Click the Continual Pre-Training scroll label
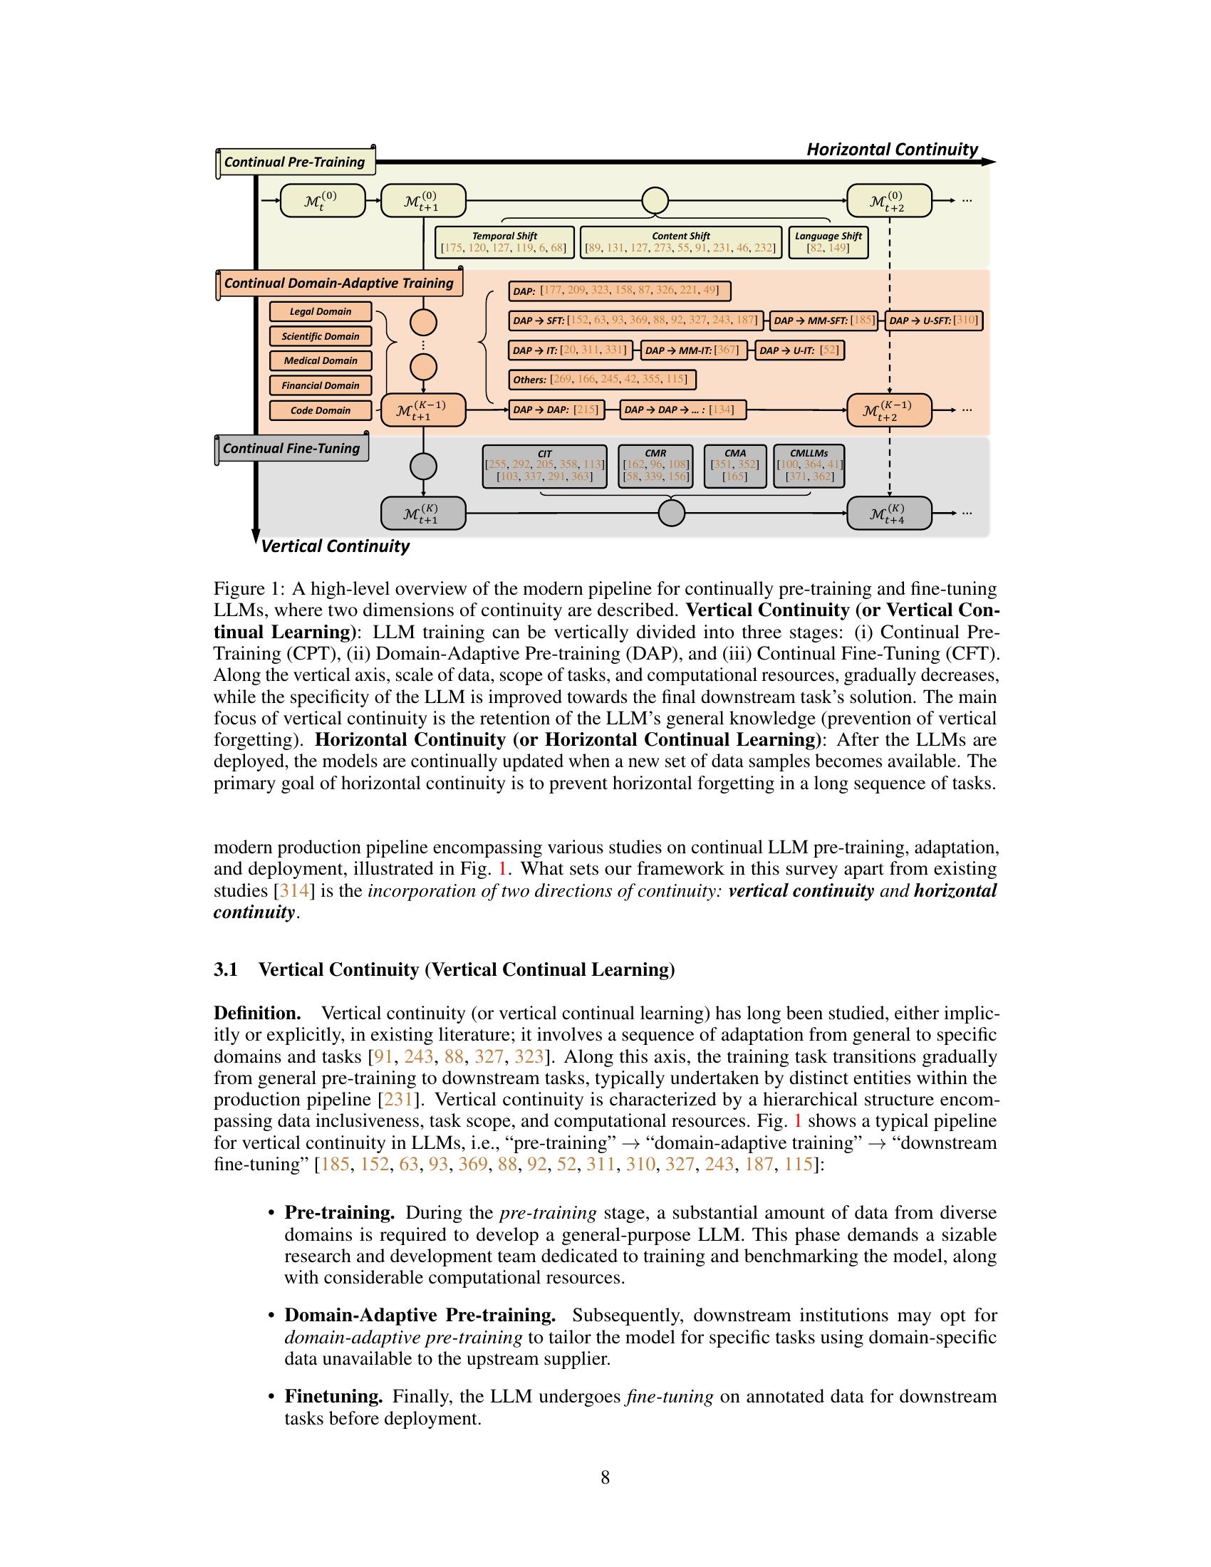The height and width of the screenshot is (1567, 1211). point(294,162)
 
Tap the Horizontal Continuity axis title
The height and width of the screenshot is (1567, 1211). point(892,150)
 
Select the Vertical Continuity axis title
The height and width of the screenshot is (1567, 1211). point(334,546)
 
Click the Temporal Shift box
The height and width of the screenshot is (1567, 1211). point(504,242)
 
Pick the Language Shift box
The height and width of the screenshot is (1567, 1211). point(828,242)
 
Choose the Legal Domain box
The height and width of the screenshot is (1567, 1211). point(321,311)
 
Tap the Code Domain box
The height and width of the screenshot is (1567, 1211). point(321,410)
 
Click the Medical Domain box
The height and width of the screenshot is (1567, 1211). point(321,361)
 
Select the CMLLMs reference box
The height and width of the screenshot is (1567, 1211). point(809,465)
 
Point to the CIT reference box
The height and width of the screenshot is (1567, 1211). point(544,465)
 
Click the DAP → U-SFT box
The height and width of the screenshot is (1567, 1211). point(933,321)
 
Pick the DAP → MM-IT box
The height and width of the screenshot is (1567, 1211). point(694,350)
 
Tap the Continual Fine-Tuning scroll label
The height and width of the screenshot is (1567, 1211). point(291,449)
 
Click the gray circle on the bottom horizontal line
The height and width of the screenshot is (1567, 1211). point(672,513)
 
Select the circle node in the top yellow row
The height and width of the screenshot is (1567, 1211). point(655,200)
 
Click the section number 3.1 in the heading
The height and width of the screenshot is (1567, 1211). point(225,970)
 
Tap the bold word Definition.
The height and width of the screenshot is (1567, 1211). point(257,1013)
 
